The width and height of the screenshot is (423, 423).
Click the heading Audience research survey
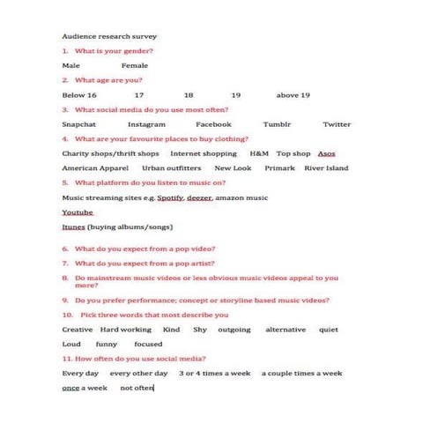(109, 37)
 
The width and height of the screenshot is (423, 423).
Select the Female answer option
(135, 65)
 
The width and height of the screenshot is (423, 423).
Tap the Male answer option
(70, 65)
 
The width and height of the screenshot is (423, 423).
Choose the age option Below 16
(79, 94)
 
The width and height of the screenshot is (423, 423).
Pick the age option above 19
(293, 94)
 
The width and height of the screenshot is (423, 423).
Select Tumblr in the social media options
(277, 124)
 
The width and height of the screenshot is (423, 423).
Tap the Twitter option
(337, 124)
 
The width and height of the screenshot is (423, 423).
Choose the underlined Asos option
(326, 153)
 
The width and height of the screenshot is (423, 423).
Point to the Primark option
(278, 167)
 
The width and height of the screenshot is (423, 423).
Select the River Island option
(326, 167)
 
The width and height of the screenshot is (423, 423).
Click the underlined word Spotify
(170, 197)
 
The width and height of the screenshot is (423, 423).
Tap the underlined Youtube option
(78, 212)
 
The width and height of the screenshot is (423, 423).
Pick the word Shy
(200, 329)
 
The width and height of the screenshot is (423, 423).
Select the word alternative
(286, 329)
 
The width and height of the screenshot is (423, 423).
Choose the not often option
(137, 387)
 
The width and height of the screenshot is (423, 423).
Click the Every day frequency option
(79, 373)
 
